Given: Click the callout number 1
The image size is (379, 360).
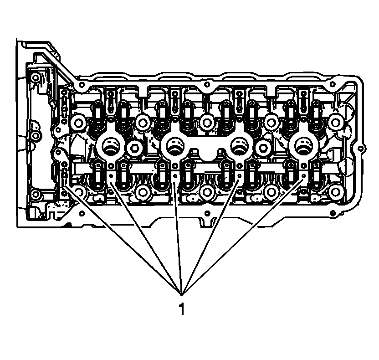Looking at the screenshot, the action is point(181,309).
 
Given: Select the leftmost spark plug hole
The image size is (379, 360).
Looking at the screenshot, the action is point(111,147).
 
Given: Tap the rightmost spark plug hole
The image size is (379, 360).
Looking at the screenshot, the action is point(303,147).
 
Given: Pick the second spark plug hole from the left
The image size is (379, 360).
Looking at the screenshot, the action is point(175,147).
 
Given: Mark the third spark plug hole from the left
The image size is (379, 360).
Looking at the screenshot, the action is point(239,147).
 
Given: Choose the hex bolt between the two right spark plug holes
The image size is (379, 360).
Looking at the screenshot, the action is point(263,147).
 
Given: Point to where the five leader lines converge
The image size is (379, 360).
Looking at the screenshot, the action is point(182,295).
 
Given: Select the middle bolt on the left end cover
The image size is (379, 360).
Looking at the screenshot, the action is point(36,135).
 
